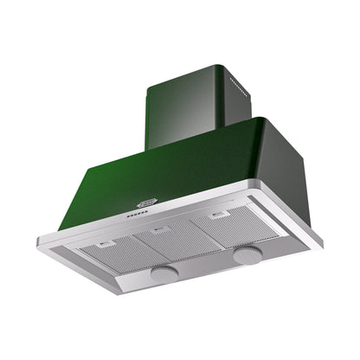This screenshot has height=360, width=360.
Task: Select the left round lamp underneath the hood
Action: tap(164, 273)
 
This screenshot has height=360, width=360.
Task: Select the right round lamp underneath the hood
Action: tap(247, 254)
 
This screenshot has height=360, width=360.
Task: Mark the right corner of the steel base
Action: tap(321, 245)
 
